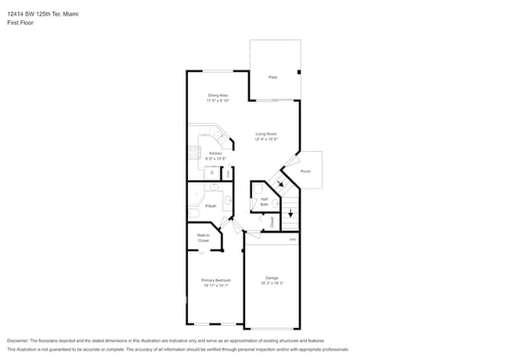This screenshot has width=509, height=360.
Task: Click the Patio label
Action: [273, 77]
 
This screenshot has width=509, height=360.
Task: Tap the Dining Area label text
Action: [218, 95]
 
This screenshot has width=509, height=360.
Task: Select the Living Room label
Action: [266, 134]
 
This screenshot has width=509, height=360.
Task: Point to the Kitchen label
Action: [215, 153]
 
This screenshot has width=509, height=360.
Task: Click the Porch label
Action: [305, 171]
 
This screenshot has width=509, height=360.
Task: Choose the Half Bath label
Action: [265, 201]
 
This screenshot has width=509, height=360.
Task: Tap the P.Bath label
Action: [211, 206]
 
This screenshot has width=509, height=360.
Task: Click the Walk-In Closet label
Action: [203, 237]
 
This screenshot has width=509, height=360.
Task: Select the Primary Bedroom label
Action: [215, 280]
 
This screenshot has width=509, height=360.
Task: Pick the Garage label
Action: [272, 278]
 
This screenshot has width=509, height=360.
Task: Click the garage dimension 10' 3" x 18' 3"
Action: [272, 283]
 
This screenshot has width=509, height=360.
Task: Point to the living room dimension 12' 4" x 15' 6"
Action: [266, 139]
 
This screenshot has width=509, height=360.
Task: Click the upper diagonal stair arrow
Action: [280, 185]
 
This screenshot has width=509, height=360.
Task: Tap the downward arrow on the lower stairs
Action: [291, 212]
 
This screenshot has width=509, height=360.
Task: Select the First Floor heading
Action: [20, 23]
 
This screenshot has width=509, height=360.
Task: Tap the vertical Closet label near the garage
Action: [272, 222]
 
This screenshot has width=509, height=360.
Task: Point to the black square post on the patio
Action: [298, 72]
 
